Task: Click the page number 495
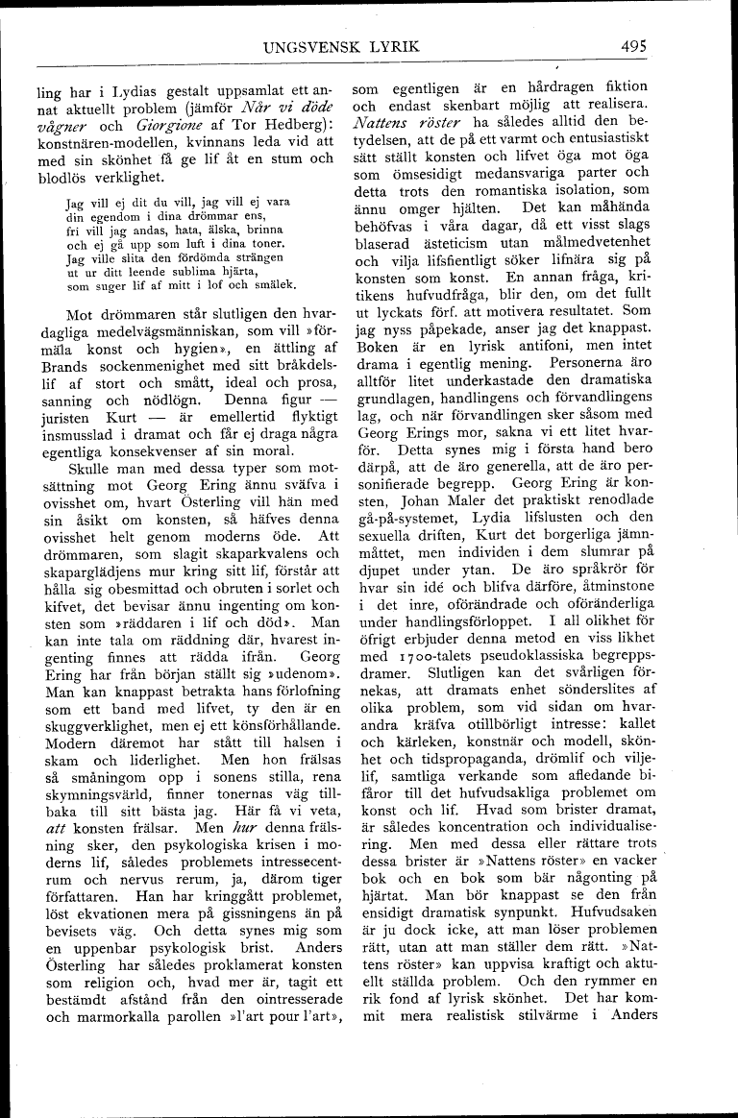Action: coord(637,46)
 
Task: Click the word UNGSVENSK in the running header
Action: coord(306,46)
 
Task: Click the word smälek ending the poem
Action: coord(273,285)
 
